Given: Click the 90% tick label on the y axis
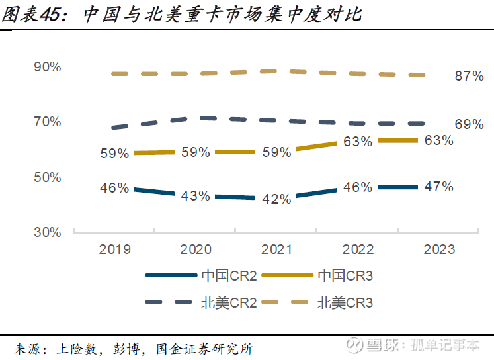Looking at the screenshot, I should [x=48, y=67].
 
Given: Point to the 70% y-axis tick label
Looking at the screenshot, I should [x=48, y=122].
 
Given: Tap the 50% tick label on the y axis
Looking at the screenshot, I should [x=48, y=177].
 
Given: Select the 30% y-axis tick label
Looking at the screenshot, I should [x=48, y=232].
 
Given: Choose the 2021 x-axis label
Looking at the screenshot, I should [x=277, y=249].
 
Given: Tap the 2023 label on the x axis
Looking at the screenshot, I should [x=439, y=249].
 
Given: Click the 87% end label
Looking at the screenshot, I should [x=469, y=76].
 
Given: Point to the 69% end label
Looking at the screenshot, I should [x=469, y=124].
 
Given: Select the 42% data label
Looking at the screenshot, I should [x=277, y=199].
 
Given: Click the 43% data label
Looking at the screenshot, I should [x=196, y=196].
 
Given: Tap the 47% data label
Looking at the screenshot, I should [x=439, y=187].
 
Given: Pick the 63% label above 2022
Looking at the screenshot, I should [x=358, y=142].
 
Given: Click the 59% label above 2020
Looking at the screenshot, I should [x=196, y=152].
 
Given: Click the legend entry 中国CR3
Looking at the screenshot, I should [x=345, y=275].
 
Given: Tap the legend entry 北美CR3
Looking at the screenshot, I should [x=345, y=303].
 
